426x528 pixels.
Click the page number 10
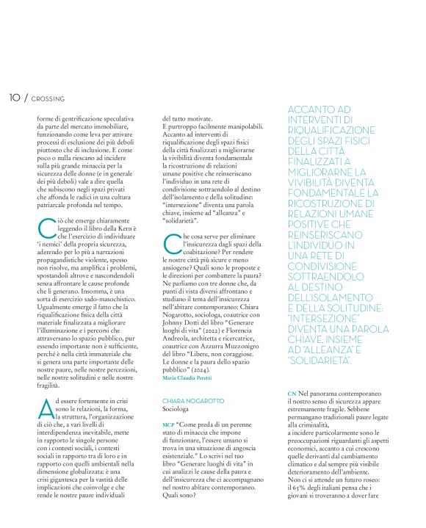(x=14, y=97)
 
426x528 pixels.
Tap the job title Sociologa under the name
(x=176, y=409)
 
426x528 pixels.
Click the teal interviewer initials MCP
(x=168, y=424)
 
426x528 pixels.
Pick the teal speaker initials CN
(x=292, y=395)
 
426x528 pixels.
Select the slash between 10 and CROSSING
(x=26, y=97)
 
